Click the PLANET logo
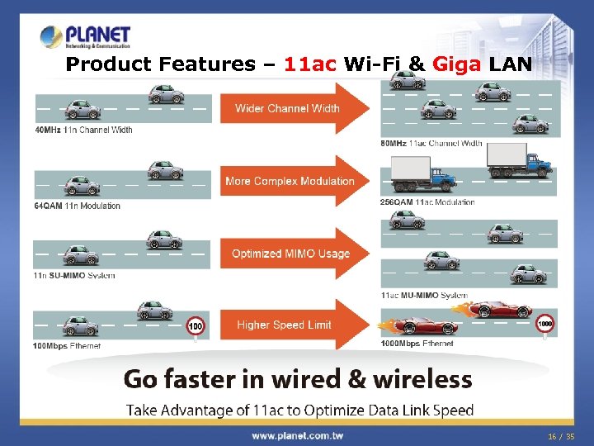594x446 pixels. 86,36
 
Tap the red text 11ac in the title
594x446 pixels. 310,64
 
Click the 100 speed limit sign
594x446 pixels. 196,326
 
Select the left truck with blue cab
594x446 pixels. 422,176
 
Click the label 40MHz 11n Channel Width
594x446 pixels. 83,130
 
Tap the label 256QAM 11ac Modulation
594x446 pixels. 427,202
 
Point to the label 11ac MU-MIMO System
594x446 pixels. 424,295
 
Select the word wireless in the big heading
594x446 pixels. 422,380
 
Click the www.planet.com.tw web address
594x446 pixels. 297,435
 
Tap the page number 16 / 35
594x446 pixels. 560,435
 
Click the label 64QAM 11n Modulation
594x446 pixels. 77,206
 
